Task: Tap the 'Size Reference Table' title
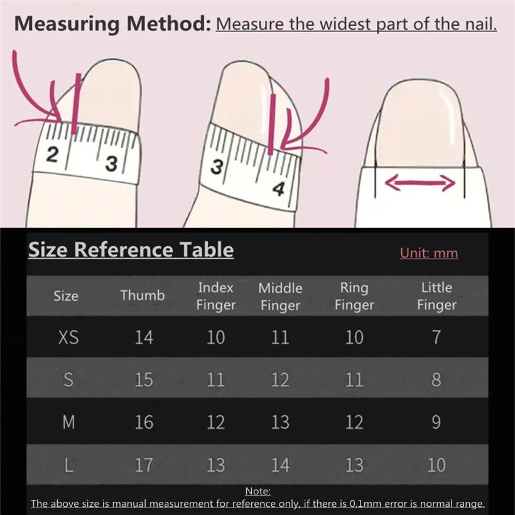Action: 131,249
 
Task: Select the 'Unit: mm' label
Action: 429,253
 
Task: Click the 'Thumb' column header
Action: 143,295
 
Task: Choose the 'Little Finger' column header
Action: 436,296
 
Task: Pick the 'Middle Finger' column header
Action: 280,296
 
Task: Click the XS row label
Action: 68,337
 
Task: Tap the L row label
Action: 68,465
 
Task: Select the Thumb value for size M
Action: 144,422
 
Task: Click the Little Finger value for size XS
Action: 436,337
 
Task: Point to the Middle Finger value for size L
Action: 280,465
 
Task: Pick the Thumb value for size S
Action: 144,379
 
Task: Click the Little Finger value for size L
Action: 436,465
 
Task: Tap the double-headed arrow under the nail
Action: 420,183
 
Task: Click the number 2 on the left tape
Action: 51,153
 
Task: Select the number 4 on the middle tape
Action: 278,188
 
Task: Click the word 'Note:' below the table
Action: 257,491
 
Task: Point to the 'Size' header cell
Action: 66,296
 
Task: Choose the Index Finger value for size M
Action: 215,422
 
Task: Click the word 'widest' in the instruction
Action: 346,24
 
